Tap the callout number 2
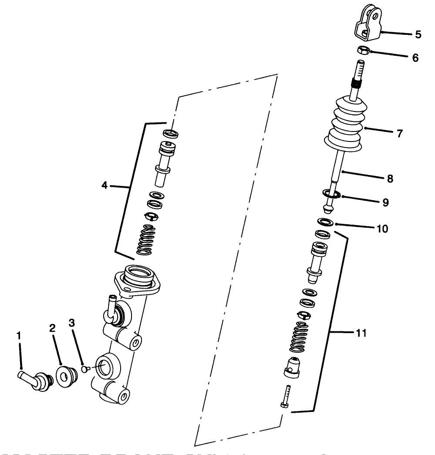[x=52, y=328]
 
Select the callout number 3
[x=72, y=323]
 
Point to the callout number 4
[x=105, y=185]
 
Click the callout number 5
[x=418, y=35]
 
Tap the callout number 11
[x=361, y=333]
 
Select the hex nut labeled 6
[x=363, y=50]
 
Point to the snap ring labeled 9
[x=332, y=193]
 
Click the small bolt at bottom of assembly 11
[x=286, y=396]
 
